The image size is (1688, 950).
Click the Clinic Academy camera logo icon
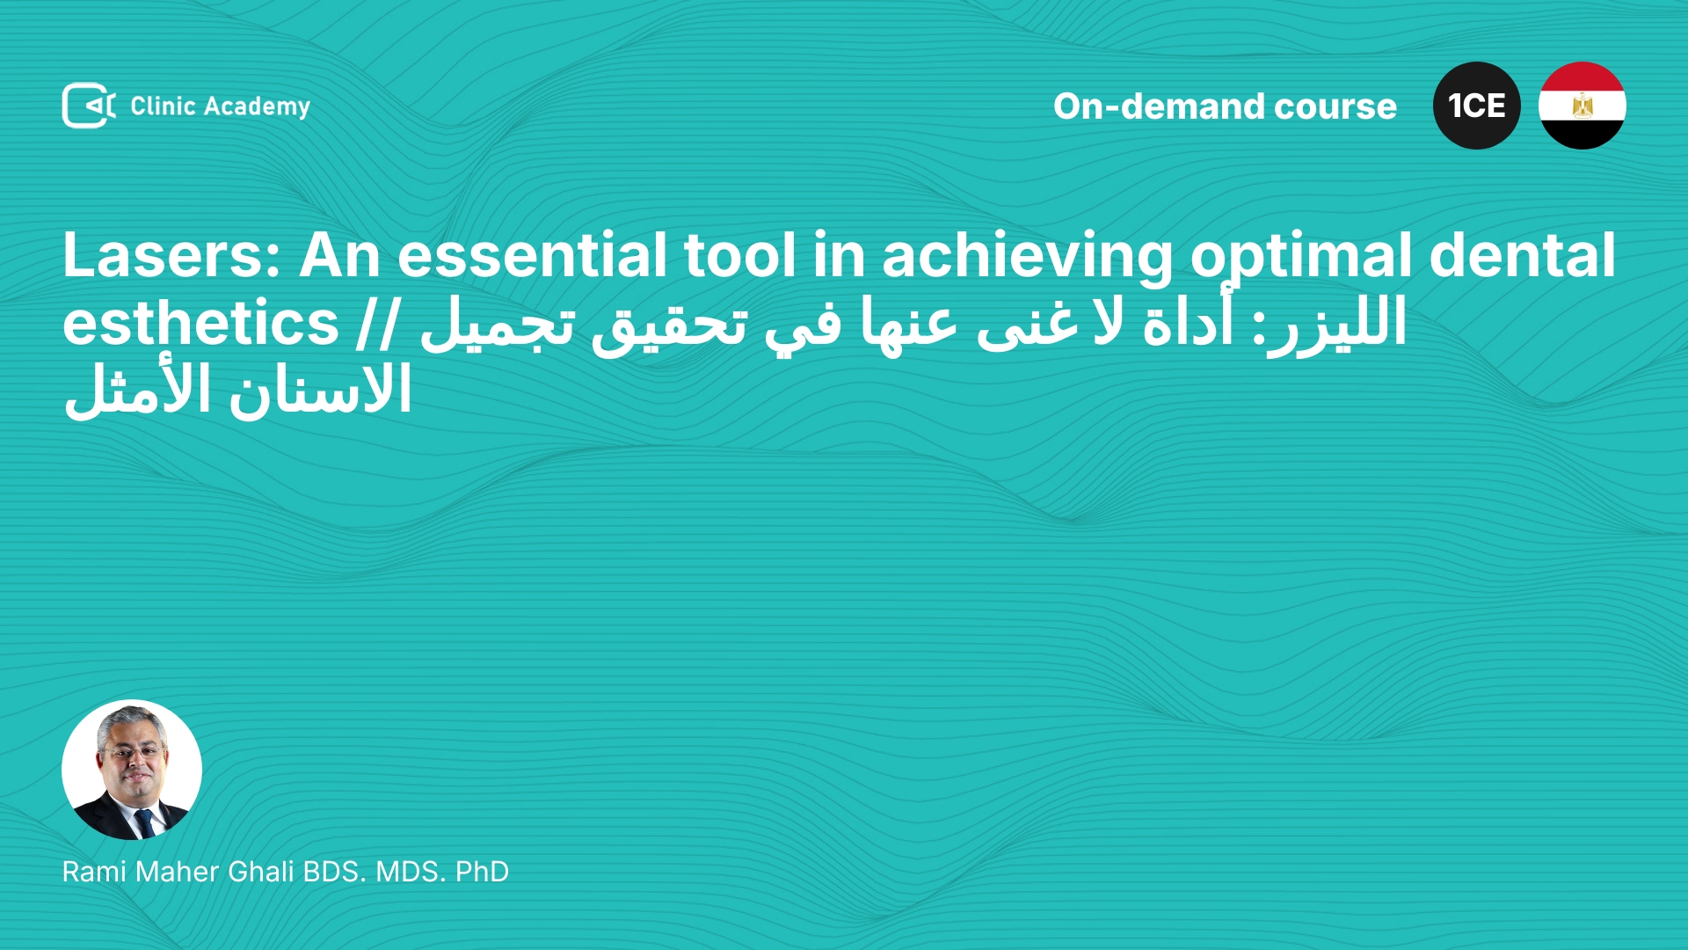tap(89, 106)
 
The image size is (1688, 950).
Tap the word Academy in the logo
tap(257, 107)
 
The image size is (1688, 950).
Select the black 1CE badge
tap(1477, 106)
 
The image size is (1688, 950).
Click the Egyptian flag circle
tap(1582, 106)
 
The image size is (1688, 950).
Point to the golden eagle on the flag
tap(1582, 106)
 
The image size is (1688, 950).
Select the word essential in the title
tap(532, 255)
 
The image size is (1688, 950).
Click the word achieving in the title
tap(1028, 257)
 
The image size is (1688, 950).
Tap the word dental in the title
tap(1523, 255)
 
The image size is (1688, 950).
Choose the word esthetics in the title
tap(200, 323)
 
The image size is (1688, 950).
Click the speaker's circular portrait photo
tap(132, 770)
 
